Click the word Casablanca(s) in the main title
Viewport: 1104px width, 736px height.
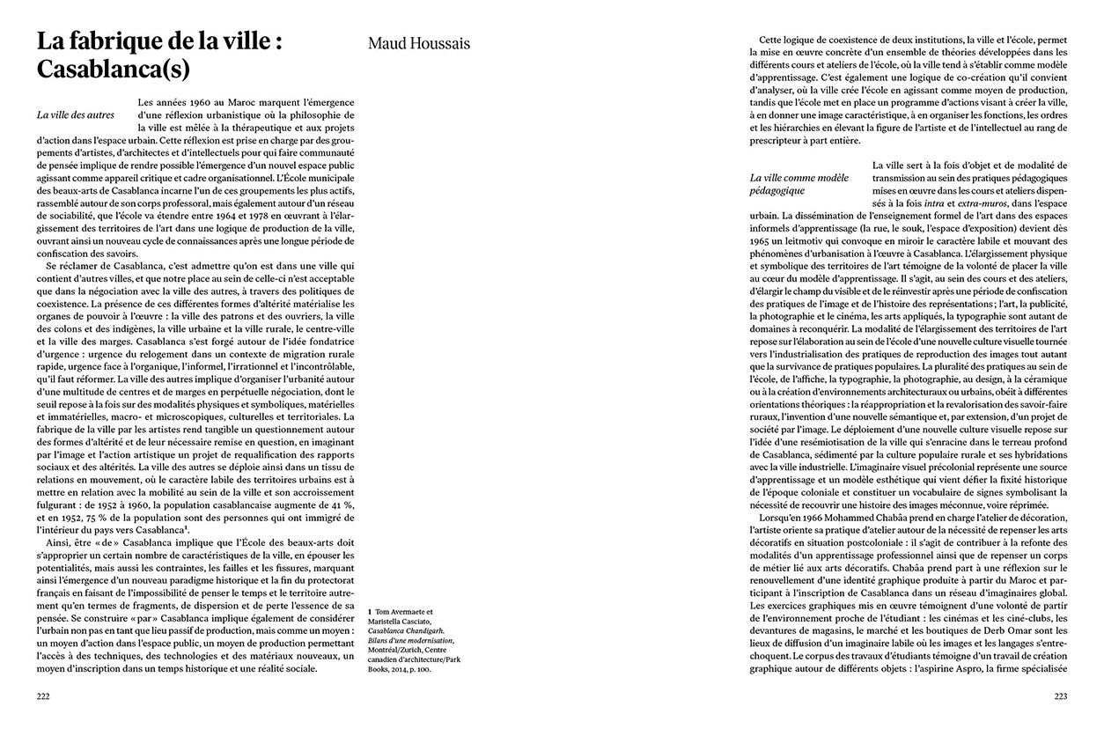pos(114,68)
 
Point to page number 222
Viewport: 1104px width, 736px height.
pos(43,697)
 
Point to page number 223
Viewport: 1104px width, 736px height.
pos(1060,697)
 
